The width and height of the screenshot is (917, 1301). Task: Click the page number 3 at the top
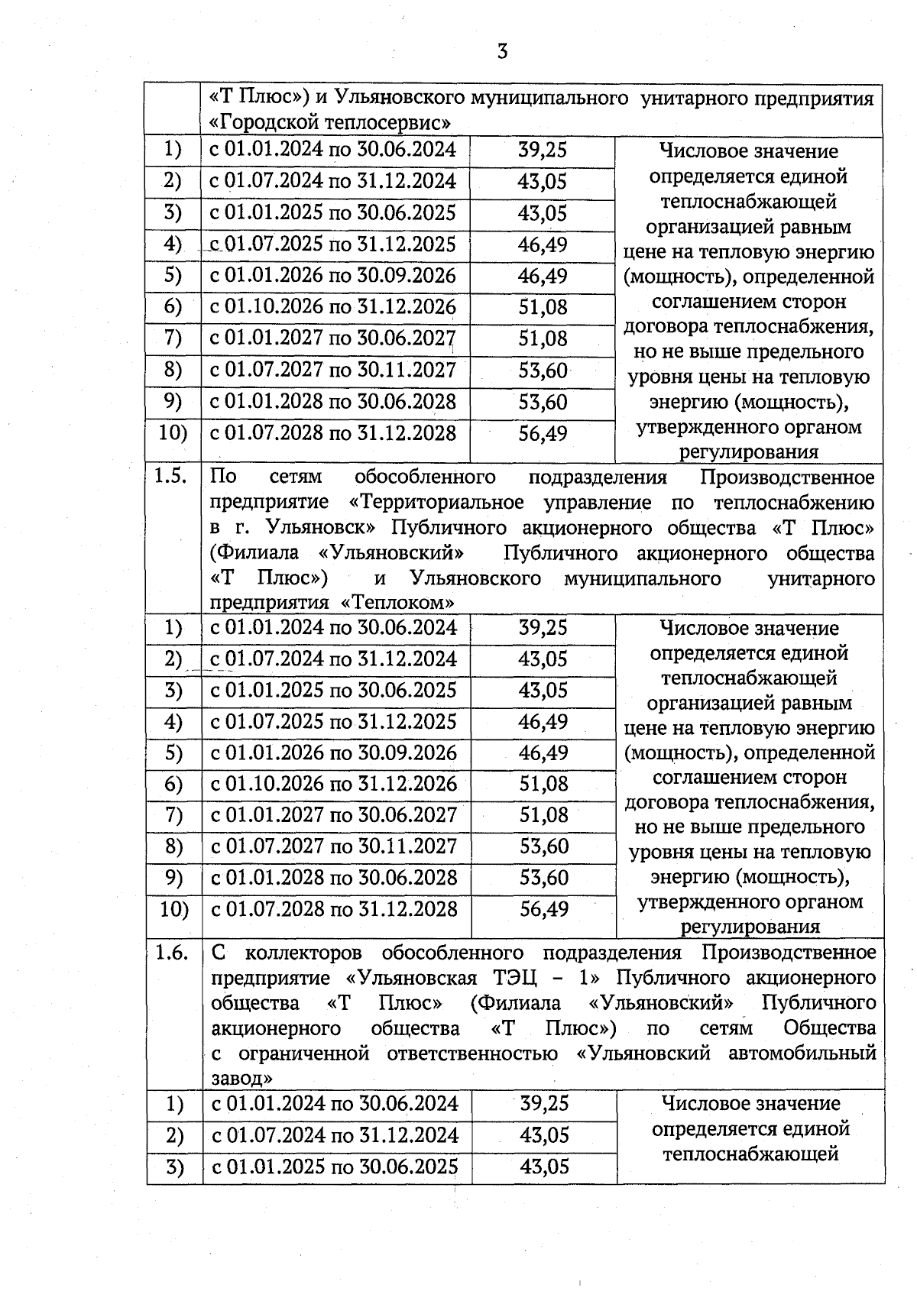pyautogui.click(x=502, y=51)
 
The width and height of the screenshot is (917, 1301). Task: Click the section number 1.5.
pyautogui.click(x=171, y=477)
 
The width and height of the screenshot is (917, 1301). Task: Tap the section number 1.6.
pyautogui.click(x=171, y=953)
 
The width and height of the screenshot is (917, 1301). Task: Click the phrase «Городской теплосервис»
pyautogui.click(x=329, y=123)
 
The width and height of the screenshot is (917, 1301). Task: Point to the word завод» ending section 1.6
pyautogui.click(x=242, y=1079)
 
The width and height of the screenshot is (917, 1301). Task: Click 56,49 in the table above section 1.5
pyautogui.click(x=543, y=434)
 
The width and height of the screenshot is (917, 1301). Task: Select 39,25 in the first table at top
pyautogui.click(x=543, y=150)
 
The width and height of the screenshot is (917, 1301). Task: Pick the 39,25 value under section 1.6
pyautogui.click(x=544, y=1104)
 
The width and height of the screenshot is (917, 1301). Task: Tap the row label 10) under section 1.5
pyautogui.click(x=173, y=909)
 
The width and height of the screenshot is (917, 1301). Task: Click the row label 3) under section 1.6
pyautogui.click(x=175, y=1167)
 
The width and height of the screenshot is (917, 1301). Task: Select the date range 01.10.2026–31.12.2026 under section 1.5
pyautogui.click(x=334, y=784)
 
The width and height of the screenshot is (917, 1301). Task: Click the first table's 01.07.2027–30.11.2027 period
pyautogui.click(x=333, y=371)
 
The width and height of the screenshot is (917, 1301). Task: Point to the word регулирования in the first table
pyautogui.click(x=749, y=452)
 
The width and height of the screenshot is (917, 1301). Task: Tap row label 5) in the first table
pyautogui.click(x=173, y=276)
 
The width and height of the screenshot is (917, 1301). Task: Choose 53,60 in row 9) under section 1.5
pyautogui.click(x=544, y=878)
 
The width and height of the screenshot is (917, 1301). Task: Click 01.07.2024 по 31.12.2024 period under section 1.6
pyautogui.click(x=335, y=1136)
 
